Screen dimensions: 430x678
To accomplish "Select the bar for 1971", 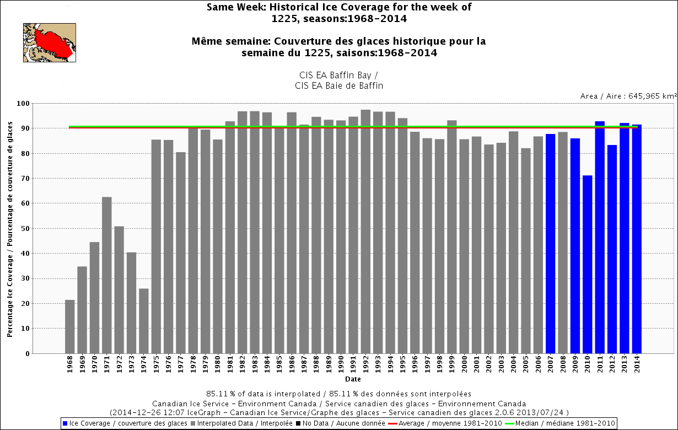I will click(107, 275).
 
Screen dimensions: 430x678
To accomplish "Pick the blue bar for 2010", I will click(588, 264).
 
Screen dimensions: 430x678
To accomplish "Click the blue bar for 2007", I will click(551, 243).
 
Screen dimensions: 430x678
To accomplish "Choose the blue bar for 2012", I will click(612, 249).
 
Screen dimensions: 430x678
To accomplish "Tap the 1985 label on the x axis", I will click(279, 365).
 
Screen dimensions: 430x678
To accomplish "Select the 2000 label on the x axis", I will click(464, 365).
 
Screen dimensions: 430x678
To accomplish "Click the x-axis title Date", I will click(353, 379).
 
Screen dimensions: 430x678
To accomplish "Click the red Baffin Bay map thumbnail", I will click(49, 42).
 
